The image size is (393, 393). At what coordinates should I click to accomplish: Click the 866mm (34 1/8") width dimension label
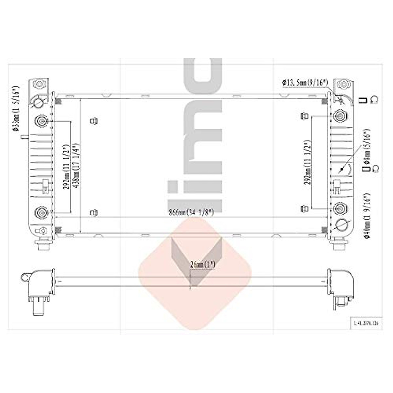click(x=191, y=213)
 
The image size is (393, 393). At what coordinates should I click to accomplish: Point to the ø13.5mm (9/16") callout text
click(x=305, y=83)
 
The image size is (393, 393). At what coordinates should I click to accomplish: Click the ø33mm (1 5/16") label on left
click(x=15, y=109)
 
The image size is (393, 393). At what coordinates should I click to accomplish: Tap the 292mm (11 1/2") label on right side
click(x=308, y=163)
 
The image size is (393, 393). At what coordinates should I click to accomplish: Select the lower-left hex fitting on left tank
click(x=41, y=213)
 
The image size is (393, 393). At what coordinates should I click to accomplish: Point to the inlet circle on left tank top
click(x=38, y=102)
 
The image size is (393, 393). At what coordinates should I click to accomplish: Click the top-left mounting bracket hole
click(x=39, y=84)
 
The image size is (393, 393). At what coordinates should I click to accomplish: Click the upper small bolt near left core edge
click(x=94, y=121)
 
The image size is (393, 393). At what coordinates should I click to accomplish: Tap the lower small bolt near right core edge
click(x=304, y=208)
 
